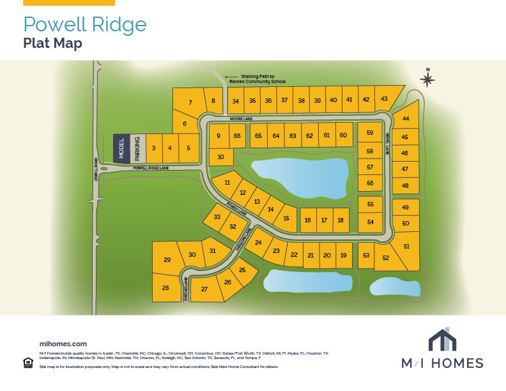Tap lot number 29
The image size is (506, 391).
point(167,260)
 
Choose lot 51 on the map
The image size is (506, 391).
point(406,247)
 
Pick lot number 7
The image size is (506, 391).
point(190,102)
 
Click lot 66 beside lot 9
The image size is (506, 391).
point(237,135)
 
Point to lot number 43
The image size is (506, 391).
point(384,99)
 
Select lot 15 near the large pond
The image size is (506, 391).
point(286,218)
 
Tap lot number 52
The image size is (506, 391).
point(386,258)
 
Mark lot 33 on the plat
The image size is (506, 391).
point(217,217)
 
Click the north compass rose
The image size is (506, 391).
point(427,79)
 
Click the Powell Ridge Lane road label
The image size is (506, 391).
point(151,168)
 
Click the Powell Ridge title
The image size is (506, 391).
point(84,24)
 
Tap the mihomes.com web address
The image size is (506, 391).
point(63,344)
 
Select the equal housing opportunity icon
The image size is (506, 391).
point(27,363)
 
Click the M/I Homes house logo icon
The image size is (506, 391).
point(441,339)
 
